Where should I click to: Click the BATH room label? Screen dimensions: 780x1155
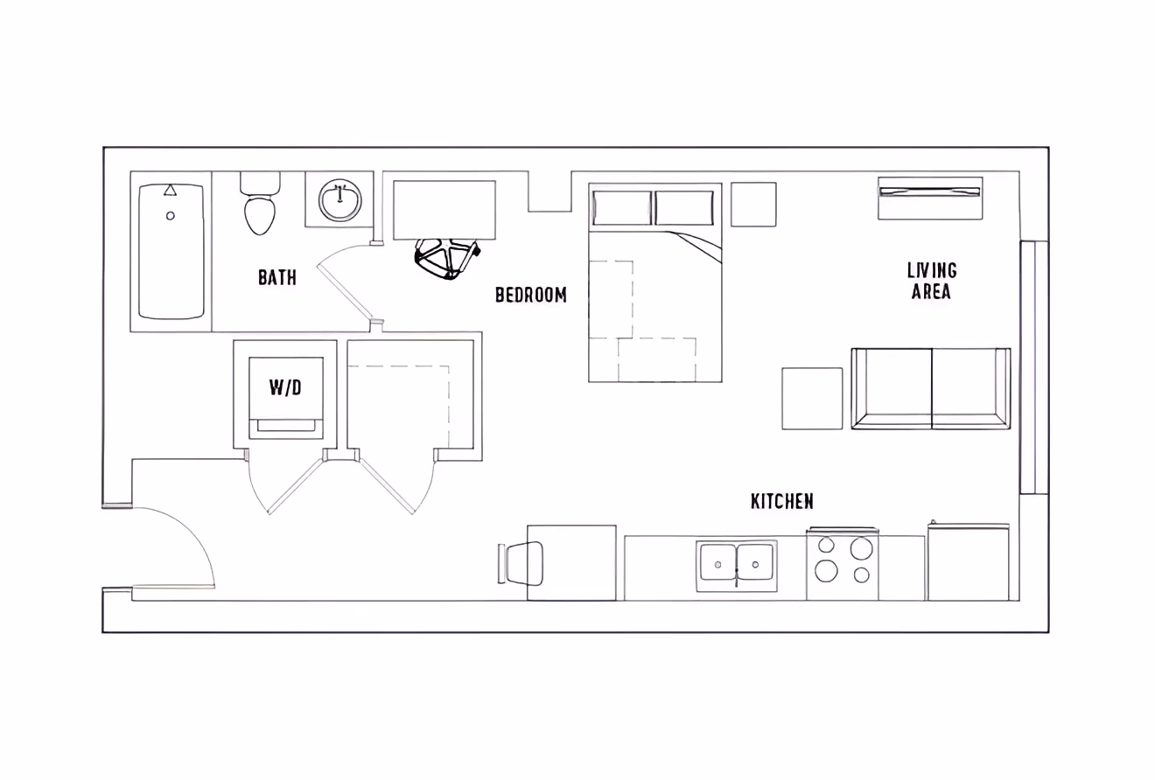click(x=276, y=278)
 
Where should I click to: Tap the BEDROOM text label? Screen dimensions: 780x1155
click(x=530, y=295)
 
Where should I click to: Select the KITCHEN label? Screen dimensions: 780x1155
click(x=782, y=501)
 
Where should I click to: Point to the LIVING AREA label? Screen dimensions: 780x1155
click(x=932, y=281)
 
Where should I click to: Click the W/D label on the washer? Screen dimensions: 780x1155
click(x=285, y=387)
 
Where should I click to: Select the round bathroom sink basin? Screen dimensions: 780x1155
click(x=339, y=200)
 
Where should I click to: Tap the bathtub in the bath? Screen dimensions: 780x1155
click(x=171, y=252)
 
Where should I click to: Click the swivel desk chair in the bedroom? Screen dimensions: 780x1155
click(x=447, y=257)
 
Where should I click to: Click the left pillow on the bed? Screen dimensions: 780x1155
click(x=622, y=207)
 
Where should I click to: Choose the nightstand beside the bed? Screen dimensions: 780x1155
click(x=753, y=204)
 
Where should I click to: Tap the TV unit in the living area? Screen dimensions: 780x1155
click(x=930, y=198)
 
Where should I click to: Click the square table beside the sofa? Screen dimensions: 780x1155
click(x=812, y=398)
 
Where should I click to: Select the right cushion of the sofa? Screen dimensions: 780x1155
click(x=970, y=388)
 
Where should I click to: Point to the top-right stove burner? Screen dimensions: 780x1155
click(x=861, y=548)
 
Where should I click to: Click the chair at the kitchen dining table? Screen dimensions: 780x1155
click(x=523, y=562)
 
